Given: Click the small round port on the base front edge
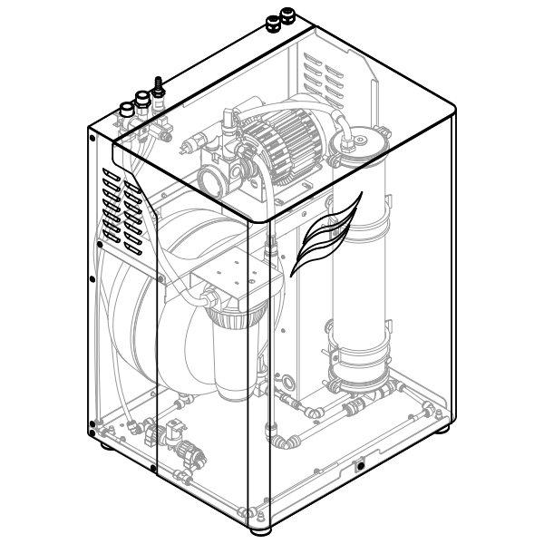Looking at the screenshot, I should [x=361, y=466].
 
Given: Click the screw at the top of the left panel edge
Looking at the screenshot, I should [x=92, y=138].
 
